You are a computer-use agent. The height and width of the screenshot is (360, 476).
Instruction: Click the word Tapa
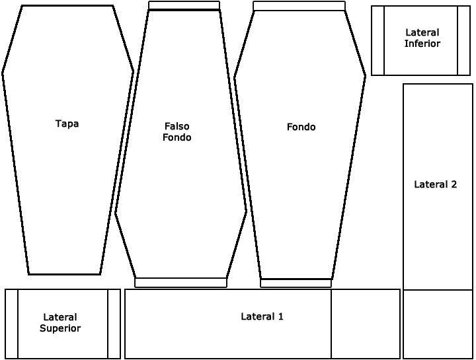tap(67, 124)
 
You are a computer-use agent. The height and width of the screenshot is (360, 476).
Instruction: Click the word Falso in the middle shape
tap(177, 126)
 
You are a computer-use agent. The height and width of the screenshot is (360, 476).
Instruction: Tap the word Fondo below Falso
tap(177, 137)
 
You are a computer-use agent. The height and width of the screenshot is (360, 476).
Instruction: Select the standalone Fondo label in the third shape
tap(301, 127)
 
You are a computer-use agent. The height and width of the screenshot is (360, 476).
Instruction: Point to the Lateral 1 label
tap(262, 316)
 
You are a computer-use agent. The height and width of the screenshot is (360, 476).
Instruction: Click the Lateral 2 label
tap(435, 184)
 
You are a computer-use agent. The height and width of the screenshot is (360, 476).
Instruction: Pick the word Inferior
tap(422, 44)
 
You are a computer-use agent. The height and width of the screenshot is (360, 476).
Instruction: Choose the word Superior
tap(60, 328)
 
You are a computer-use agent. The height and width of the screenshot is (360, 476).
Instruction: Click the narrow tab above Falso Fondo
tap(184, 5)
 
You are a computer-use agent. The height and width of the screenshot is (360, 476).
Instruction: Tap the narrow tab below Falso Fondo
tap(180, 283)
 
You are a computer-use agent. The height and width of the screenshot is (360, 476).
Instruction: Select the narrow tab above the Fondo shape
tap(299, 6)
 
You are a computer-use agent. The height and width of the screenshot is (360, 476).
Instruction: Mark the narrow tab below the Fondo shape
tap(296, 283)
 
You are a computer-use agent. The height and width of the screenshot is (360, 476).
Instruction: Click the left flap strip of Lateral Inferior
tap(377, 41)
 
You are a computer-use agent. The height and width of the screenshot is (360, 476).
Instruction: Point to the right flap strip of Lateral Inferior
tap(464, 41)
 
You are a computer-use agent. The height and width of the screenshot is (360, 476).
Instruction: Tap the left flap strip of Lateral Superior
tap(11, 324)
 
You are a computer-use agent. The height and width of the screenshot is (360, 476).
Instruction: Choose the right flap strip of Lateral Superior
tap(114, 324)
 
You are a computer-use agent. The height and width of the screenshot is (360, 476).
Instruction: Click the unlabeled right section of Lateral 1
tap(366, 324)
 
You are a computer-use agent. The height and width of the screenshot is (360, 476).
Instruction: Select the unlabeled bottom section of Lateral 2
tap(438, 324)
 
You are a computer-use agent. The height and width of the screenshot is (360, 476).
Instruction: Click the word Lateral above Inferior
tap(422, 32)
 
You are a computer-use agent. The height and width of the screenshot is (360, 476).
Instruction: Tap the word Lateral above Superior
tap(60, 317)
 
